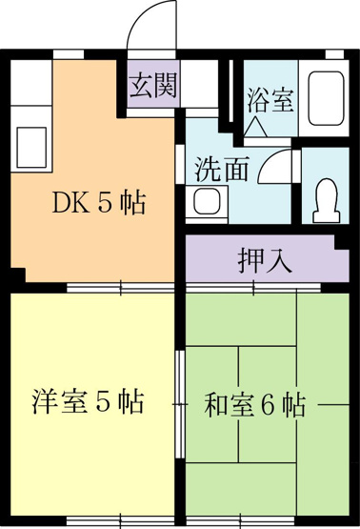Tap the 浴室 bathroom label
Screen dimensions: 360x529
pyautogui.click(x=270, y=100)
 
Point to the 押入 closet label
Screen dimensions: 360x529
pyautogui.click(x=265, y=260)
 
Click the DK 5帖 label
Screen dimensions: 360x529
pyautogui.click(x=99, y=202)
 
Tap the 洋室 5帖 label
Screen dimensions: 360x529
pyautogui.click(x=88, y=401)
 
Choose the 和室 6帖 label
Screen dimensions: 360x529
pyautogui.click(x=255, y=404)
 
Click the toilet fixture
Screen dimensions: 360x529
pyautogui.click(x=327, y=200)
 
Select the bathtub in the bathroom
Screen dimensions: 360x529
pyautogui.click(x=327, y=98)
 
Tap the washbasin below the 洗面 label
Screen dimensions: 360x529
pyautogui.click(x=208, y=201)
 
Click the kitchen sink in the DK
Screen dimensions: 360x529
pyautogui.click(x=31, y=148)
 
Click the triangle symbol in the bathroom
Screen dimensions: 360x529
pyautogui.click(x=255, y=127)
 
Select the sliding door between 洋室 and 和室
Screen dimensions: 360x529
pyautogui.click(x=181, y=404)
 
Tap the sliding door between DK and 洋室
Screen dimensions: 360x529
pyautogui.click(x=121, y=288)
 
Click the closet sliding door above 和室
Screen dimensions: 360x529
pyautogui.click(x=253, y=288)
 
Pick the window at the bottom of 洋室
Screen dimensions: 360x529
pyautogui.click(x=121, y=520)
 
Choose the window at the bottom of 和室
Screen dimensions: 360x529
pyautogui.click(x=241, y=520)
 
